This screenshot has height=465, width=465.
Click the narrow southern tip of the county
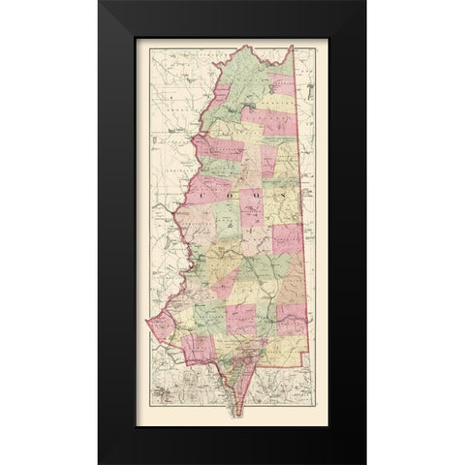point(234,413)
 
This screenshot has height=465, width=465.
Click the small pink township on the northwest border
point(219,92)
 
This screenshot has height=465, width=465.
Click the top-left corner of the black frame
point(98,1)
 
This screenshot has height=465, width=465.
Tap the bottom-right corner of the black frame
point(366,463)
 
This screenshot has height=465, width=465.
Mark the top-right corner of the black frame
point(366,1)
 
